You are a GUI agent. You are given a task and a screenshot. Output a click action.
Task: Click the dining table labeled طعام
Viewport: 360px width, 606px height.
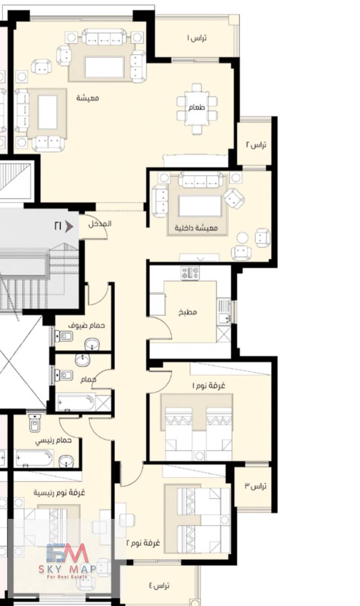197,108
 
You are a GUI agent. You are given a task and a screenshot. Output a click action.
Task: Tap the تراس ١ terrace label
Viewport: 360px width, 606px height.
197,38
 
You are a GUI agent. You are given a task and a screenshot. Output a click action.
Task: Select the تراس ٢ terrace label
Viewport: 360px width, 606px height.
256,145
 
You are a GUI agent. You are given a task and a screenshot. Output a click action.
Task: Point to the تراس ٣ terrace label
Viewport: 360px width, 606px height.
256,486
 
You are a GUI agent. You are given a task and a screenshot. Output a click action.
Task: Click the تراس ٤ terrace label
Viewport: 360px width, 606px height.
159,586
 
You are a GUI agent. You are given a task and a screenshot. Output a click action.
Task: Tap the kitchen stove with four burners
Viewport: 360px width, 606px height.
190,273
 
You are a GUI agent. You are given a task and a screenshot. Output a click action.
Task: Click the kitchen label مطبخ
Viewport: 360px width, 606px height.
188,312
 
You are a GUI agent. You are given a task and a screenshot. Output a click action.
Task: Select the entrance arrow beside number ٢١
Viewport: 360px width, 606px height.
69,226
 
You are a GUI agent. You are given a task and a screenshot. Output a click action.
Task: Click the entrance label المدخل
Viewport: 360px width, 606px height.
100,224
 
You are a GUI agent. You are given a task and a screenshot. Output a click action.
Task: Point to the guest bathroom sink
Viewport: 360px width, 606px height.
92,345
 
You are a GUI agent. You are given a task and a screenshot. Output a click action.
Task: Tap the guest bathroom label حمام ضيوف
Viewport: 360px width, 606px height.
86,325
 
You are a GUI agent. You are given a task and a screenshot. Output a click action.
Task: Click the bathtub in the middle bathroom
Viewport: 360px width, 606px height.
76,403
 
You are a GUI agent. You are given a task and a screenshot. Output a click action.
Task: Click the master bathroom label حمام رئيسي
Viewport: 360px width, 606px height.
53,441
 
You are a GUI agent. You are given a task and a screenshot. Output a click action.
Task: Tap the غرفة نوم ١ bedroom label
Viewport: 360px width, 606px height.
208,385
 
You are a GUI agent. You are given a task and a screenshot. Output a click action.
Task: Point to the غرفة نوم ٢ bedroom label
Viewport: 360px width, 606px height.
143,543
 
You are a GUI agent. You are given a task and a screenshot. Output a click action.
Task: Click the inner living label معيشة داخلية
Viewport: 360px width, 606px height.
196,228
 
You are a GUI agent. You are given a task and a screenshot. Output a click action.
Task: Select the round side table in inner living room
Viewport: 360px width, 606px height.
242,238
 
